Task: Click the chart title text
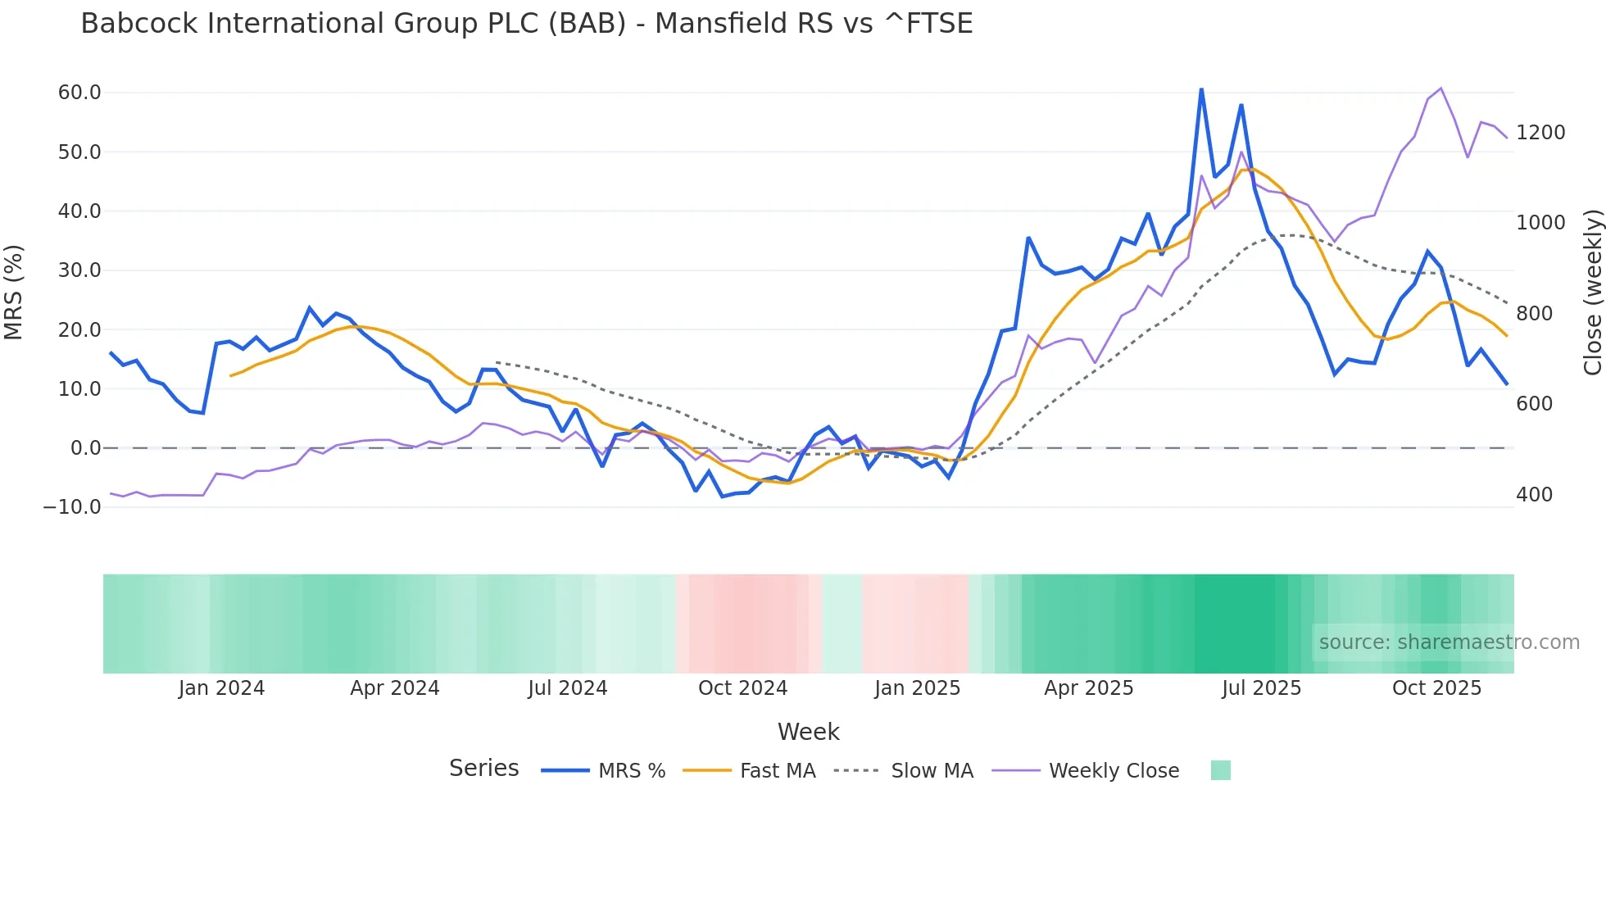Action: (526, 24)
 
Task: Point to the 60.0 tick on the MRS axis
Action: (79, 93)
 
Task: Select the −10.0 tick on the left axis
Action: (72, 507)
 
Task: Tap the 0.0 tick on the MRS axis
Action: (85, 448)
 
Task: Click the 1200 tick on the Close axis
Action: (1540, 133)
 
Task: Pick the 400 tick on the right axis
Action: (1534, 495)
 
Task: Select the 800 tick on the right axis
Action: (1534, 314)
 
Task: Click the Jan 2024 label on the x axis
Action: (221, 688)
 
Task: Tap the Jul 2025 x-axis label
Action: (1261, 688)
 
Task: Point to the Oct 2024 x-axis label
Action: (742, 688)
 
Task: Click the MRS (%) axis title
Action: (14, 293)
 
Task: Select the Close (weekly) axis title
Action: (1592, 293)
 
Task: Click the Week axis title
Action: (808, 732)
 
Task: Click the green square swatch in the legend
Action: (1220, 770)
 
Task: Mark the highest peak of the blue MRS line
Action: (1201, 89)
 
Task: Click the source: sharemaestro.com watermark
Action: (1449, 642)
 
